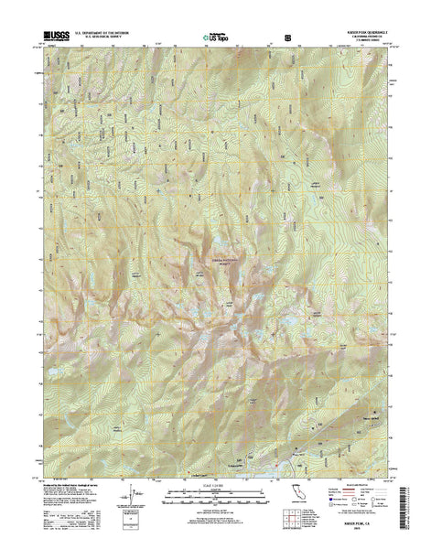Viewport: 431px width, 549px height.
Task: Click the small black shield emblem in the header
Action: [x=290, y=38]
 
